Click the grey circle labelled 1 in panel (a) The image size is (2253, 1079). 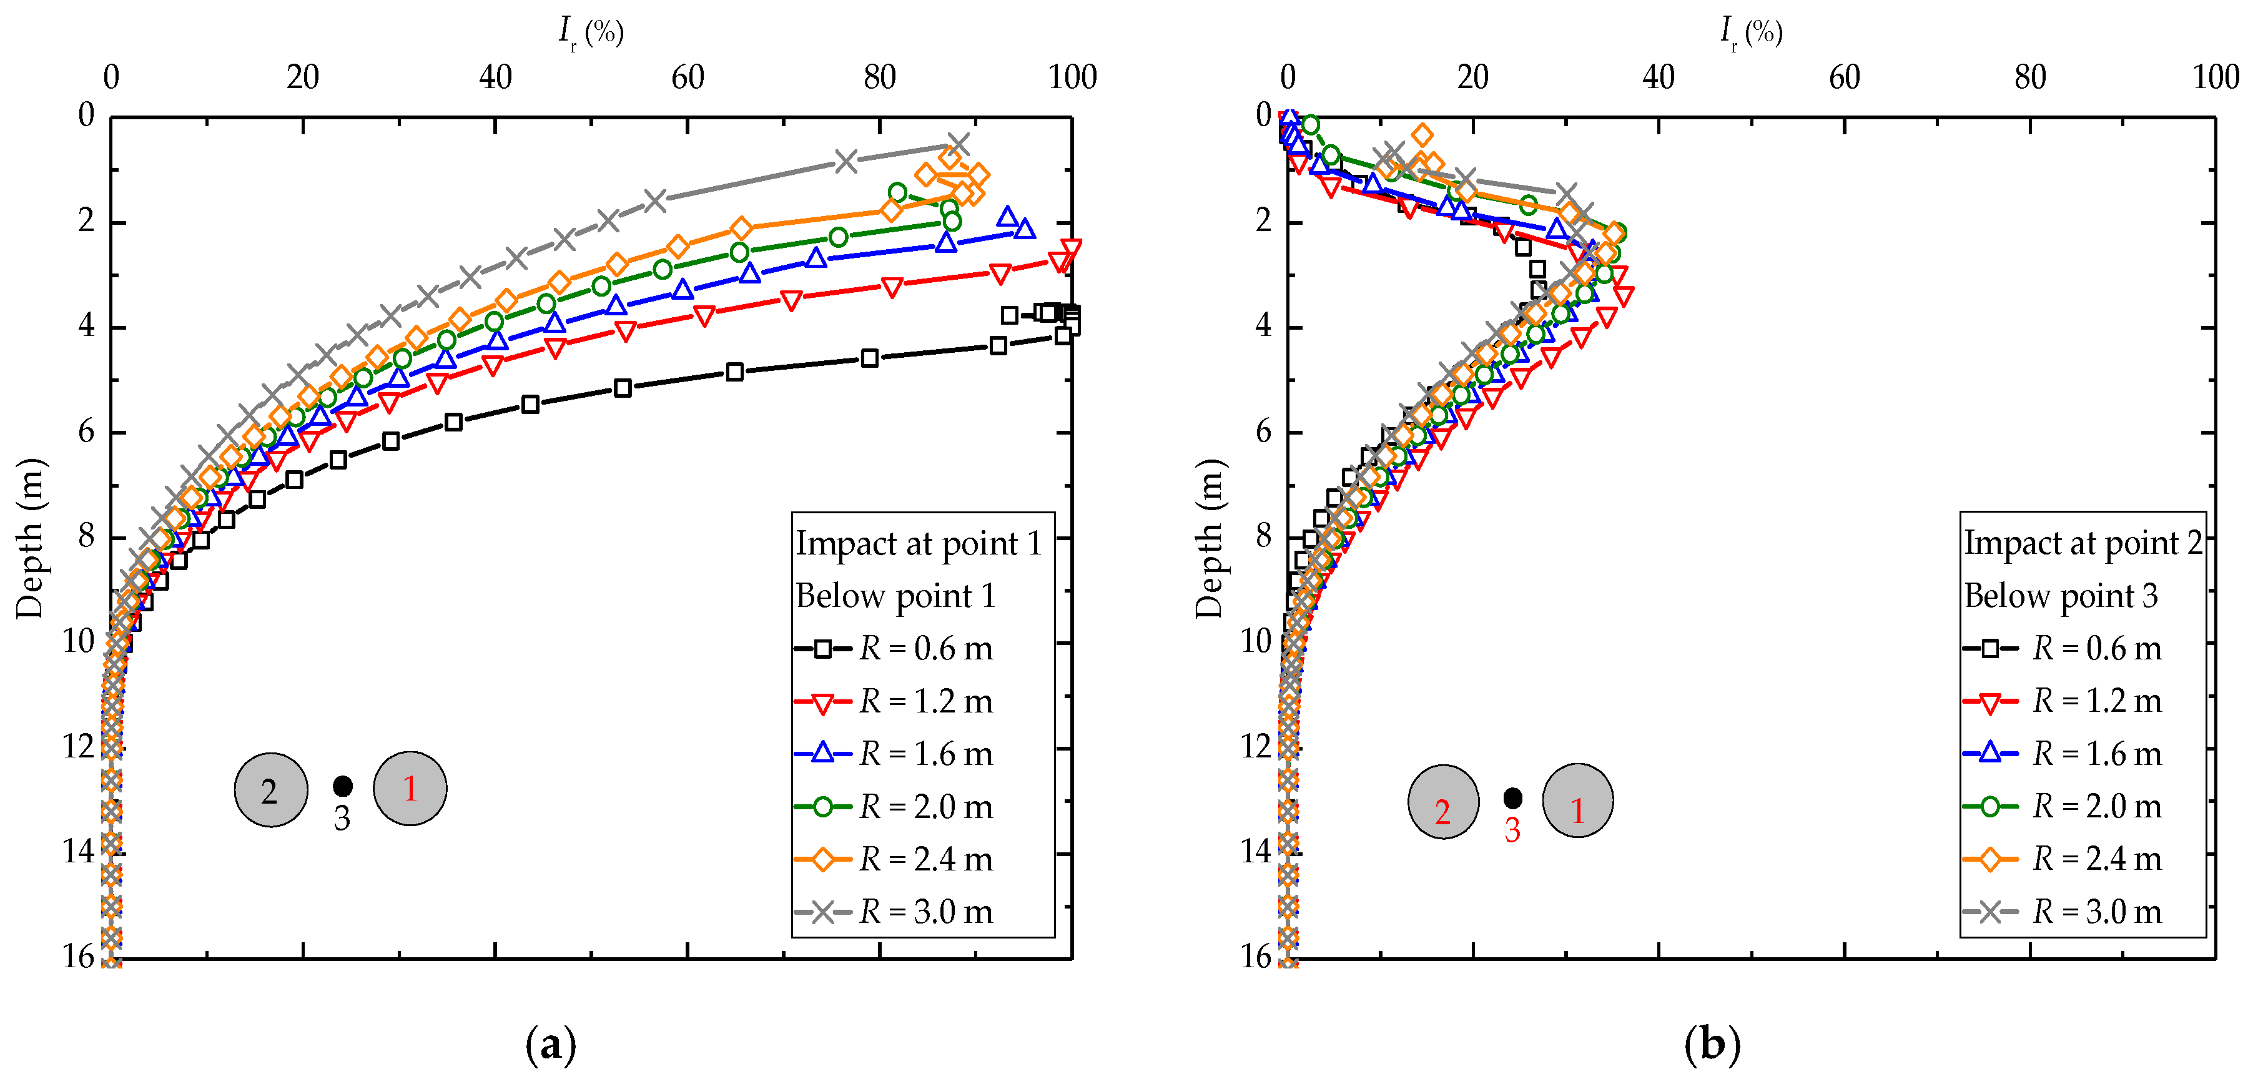coord(410,789)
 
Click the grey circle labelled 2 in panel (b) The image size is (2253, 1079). coord(1443,802)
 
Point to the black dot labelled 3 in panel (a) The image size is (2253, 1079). coord(343,786)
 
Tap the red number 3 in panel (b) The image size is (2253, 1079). coord(1512,830)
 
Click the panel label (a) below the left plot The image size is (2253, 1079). coord(550,1044)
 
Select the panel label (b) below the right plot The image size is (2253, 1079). coord(1712,1044)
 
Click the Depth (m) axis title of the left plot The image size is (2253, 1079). coord(30,538)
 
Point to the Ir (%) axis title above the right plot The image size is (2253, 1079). coord(1751,33)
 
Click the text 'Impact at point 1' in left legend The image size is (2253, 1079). coord(919,543)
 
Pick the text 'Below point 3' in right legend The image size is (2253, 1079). coord(2061,596)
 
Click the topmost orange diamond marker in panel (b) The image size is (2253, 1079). coord(1423,135)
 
